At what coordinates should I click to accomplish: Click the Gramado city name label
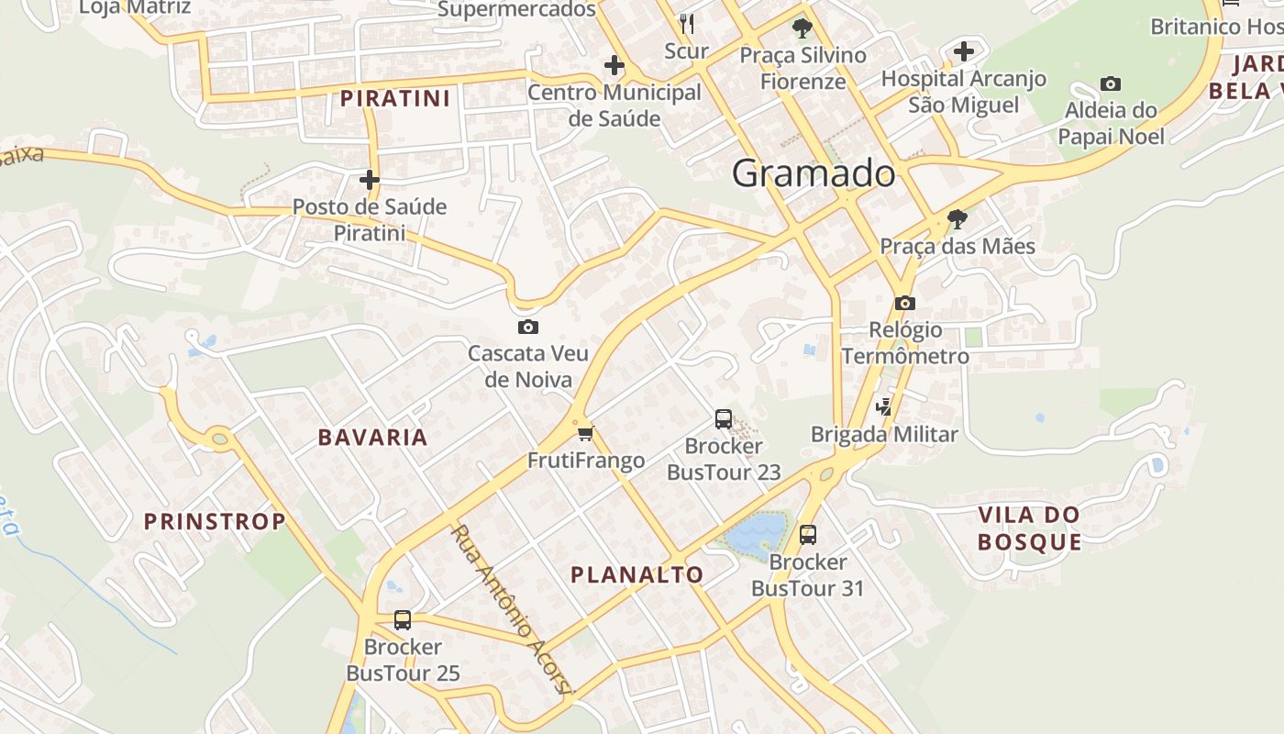click(x=814, y=173)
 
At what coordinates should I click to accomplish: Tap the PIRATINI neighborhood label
click(x=395, y=98)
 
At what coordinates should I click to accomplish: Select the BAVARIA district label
click(x=373, y=438)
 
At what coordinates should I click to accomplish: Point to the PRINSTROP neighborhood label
click(x=215, y=522)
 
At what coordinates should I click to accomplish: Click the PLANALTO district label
click(x=637, y=575)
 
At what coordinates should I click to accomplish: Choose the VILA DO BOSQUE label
click(x=1029, y=528)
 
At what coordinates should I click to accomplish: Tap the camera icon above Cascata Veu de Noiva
click(x=527, y=327)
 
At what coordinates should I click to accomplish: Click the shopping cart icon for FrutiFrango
click(x=585, y=433)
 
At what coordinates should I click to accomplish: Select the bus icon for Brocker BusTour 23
click(x=724, y=419)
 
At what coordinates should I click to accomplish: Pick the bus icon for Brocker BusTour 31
click(x=807, y=534)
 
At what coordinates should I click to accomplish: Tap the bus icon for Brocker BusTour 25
click(x=402, y=619)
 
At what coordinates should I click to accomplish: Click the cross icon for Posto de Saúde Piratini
click(x=370, y=179)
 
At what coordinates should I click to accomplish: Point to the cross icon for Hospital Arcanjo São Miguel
click(x=963, y=51)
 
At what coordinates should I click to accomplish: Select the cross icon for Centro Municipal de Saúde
click(x=614, y=65)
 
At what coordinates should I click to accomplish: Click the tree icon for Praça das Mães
click(x=957, y=219)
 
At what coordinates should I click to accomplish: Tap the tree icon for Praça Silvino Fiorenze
click(x=802, y=28)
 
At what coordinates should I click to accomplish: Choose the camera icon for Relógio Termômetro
click(x=905, y=303)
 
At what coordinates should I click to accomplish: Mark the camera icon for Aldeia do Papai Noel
click(x=1111, y=83)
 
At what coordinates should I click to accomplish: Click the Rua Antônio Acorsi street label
click(x=512, y=608)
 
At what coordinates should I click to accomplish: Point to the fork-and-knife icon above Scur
click(x=686, y=23)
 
